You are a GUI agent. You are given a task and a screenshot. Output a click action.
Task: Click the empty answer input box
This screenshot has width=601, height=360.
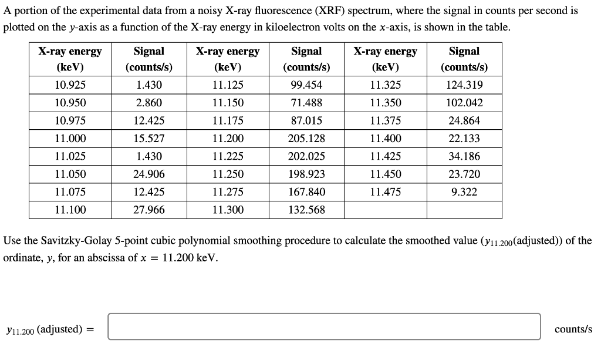click(x=323, y=327)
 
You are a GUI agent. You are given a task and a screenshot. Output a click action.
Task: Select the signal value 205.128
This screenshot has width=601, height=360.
click(x=306, y=139)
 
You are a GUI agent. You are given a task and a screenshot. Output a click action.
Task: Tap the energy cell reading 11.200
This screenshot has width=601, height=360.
click(x=228, y=139)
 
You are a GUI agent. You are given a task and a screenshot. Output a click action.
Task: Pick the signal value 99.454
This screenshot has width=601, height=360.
click(x=306, y=85)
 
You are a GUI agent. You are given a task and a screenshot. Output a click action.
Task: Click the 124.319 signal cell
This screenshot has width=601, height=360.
click(x=464, y=85)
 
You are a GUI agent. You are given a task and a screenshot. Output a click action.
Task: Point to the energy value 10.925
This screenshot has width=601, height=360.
click(x=70, y=85)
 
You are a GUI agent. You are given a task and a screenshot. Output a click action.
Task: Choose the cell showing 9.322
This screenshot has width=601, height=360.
click(x=464, y=192)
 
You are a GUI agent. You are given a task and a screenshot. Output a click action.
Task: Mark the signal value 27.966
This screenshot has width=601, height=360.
click(x=149, y=210)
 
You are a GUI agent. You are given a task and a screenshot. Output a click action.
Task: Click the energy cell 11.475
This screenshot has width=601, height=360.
click(x=386, y=192)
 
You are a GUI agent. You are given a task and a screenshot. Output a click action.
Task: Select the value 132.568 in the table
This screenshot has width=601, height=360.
click(x=306, y=210)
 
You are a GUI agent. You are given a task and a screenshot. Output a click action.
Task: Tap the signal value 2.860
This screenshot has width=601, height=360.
click(x=149, y=103)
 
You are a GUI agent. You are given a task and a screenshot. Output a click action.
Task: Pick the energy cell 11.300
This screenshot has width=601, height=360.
click(x=228, y=210)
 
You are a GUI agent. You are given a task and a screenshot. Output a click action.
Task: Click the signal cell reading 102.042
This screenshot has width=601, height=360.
click(x=464, y=103)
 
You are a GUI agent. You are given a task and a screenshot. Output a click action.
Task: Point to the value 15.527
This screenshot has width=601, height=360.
click(x=149, y=139)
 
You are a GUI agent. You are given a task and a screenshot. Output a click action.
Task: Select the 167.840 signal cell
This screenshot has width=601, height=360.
click(x=306, y=192)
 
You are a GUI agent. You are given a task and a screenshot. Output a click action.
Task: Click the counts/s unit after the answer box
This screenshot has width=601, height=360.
click(x=573, y=329)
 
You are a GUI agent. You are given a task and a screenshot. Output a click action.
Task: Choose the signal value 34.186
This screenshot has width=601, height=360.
click(x=464, y=156)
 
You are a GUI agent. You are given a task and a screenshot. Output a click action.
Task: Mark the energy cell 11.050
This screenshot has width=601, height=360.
click(x=70, y=174)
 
